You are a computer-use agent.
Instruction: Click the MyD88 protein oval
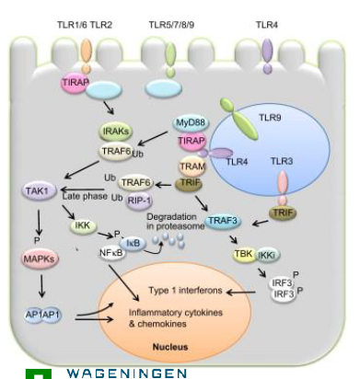(189, 122)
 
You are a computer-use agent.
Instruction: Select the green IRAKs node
(114, 134)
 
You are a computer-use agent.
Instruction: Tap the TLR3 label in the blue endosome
(284, 160)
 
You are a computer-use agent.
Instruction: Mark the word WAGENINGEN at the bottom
(126, 373)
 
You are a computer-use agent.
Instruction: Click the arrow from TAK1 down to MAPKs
(38, 225)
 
